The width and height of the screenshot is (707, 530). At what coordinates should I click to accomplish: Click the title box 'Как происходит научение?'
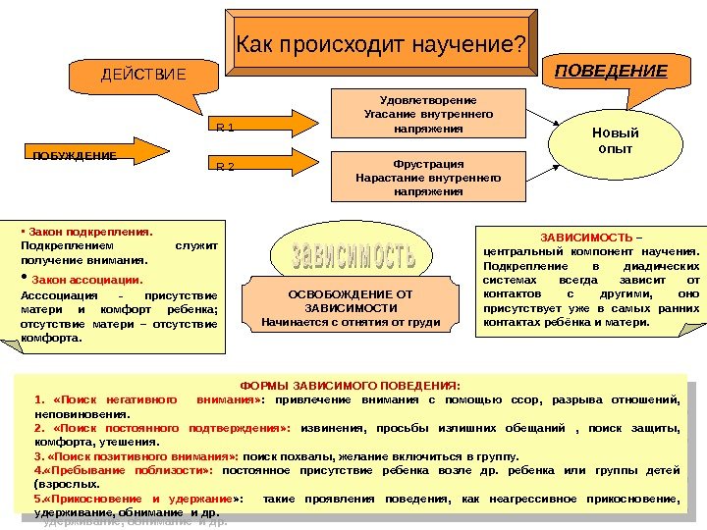tap(377, 45)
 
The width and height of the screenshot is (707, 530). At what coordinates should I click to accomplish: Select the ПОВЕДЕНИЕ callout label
tap(611, 71)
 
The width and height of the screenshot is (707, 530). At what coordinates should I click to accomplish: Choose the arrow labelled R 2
tap(263, 166)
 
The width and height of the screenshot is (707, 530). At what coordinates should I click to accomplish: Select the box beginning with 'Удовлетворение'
tap(427, 114)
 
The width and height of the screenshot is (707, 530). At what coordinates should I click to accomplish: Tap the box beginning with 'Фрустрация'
tap(427, 177)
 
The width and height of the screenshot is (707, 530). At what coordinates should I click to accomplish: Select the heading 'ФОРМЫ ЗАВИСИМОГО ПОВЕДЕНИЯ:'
tap(351, 385)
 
